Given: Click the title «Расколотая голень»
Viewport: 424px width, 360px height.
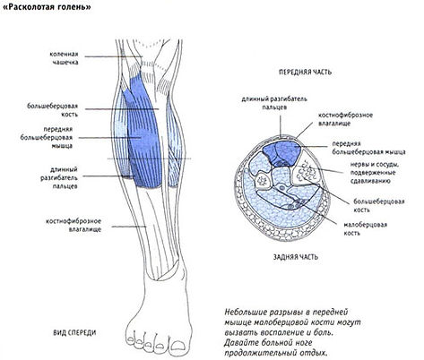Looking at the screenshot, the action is (x=47, y=7).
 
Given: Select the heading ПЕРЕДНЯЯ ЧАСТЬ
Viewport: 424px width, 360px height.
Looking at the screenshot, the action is (x=305, y=72).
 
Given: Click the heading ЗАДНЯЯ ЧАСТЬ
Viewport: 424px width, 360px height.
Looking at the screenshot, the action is (x=295, y=257).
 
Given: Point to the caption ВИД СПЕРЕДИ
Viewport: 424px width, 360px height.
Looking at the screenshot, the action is (x=74, y=332).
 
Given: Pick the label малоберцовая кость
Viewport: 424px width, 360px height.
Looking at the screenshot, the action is (x=365, y=228).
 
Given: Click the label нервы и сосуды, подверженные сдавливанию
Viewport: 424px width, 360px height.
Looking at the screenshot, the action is (x=375, y=173).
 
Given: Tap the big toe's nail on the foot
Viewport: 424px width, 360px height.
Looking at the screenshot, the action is (x=179, y=346).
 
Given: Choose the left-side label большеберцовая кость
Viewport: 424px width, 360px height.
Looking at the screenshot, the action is (x=52, y=110).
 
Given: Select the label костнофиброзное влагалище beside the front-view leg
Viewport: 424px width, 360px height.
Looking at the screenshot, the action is (x=74, y=225).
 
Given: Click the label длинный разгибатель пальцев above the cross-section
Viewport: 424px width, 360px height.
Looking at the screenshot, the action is (x=274, y=103).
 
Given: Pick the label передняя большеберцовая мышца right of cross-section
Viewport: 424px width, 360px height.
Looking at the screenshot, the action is (x=368, y=148).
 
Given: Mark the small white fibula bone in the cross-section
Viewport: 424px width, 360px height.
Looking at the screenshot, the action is (x=264, y=181).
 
